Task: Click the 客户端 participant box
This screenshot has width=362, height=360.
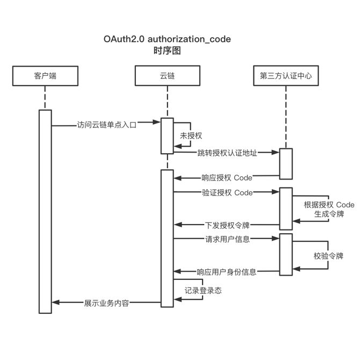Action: pyautogui.click(x=45, y=76)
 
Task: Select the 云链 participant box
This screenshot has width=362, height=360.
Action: pyautogui.click(x=167, y=76)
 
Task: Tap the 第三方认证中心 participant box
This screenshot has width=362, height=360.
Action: pyautogui.click(x=285, y=76)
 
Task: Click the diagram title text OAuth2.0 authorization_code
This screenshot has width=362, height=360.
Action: pyautogui.click(x=167, y=39)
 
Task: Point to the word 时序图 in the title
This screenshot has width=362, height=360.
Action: pyautogui.click(x=167, y=51)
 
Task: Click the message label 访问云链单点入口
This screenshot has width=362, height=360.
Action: pyautogui.click(x=106, y=124)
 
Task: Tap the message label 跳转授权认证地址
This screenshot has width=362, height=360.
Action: pyautogui.click(x=227, y=153)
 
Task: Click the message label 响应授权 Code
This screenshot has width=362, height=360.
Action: pyautogui.click(x=227, y=178)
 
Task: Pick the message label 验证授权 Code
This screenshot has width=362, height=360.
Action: pyautogui.click(x=227, y=192)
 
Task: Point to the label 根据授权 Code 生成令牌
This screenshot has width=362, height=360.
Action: pyautogui.click(x=329, y=209)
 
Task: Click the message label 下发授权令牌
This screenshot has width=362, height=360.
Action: pyautogui.click(x=227, y=225)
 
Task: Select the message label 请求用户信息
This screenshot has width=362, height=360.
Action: pyautogui.click(x=227, y=239)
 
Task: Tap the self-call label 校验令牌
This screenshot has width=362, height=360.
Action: pyautogui.click(x=328, y=256)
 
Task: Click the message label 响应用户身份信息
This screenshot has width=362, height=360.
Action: pyautogui.click(x=226, y=272)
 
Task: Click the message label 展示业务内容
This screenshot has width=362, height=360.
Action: pyautogui.click(x=106, y=303)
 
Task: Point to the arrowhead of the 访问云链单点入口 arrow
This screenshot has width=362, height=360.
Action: pyautogui.click(x=157, y=123)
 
